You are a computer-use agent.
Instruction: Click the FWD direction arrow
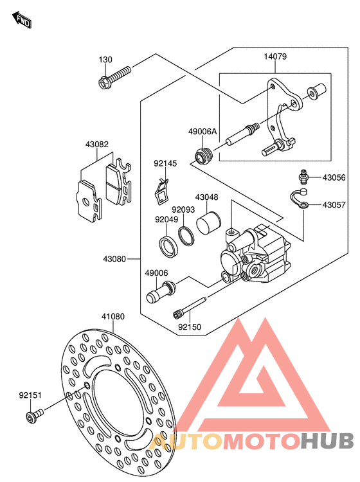(22, 20)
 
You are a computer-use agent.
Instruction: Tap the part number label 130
(105, 60)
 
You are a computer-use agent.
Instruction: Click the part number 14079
(275, 57)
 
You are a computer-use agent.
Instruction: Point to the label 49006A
(203, 132)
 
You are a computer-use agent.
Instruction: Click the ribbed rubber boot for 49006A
(203, 156)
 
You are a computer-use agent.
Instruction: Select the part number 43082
(97, 144)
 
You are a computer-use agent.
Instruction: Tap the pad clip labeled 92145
(161, 192)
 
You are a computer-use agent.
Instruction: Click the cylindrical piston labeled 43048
(208, 224)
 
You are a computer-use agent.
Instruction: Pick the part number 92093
(183, 210)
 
